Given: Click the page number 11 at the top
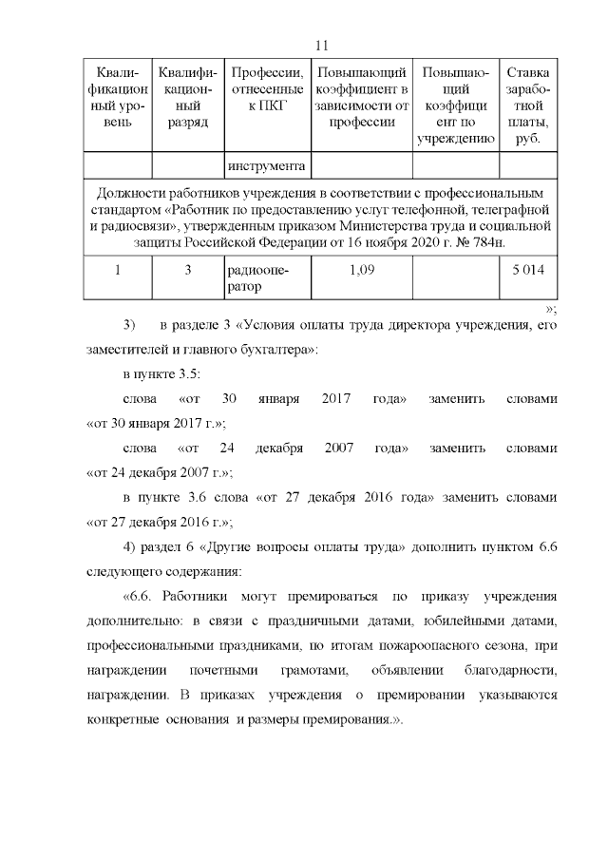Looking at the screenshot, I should [x=320, y=46].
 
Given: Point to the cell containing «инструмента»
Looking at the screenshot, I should [x=267, y=167].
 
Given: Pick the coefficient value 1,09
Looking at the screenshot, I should [x=361, y=271].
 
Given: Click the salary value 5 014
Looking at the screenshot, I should [x=528, y=271].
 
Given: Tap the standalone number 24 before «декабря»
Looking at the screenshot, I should [x=227, y=447].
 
